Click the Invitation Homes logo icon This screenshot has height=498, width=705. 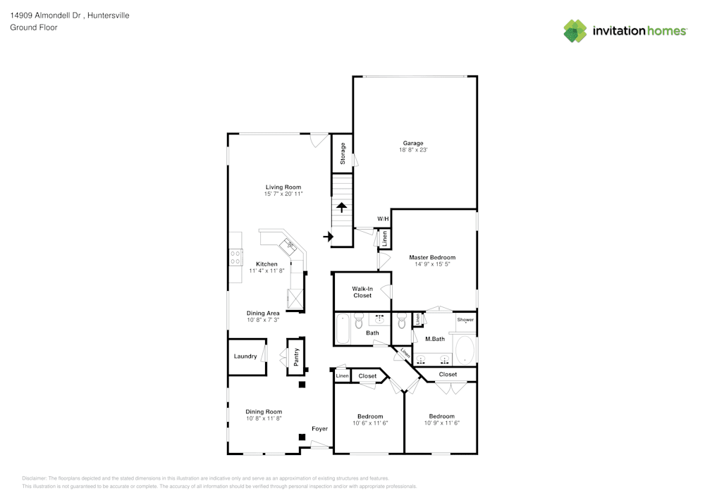pos(575,30)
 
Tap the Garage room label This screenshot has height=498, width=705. pos(413,143)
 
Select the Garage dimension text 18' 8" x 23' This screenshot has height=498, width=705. pos(413,150)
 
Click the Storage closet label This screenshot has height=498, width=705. pos(343,154)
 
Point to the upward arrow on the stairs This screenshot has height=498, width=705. pos(342,207)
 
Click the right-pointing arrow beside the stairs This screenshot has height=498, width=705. pos(328,237)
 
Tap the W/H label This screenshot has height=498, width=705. pos(383,219)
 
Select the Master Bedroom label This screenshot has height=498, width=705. pos(432,258)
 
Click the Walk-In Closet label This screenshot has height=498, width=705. pos(362,292)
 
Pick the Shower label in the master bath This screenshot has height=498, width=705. pos(465,320)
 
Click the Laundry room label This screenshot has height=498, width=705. pos(245,356)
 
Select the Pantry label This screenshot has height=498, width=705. pos(297,356)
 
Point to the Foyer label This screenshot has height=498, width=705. pos(320,428)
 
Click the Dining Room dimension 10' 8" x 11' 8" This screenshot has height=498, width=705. pos(264,418)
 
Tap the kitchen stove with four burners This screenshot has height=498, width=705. pos(235,258)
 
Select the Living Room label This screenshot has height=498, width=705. pos(283,187)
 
